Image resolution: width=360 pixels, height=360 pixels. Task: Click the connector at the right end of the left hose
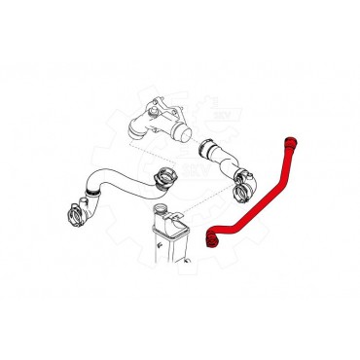coord(160,181)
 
